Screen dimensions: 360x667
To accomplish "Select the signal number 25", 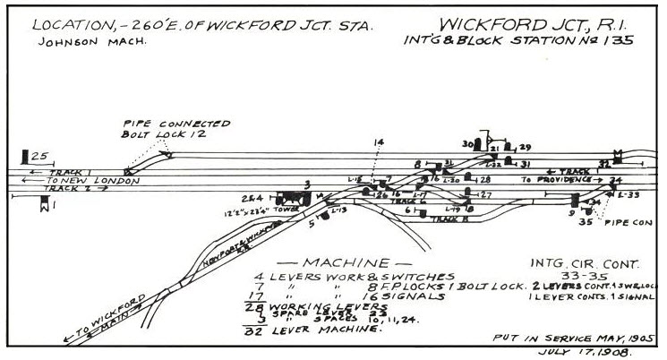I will [x=39, y=156].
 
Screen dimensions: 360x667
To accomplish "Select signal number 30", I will [x=466, y=143].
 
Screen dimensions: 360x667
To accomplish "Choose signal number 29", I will [x=525, y=147].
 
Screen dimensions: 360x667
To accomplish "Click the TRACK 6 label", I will [x=410, y=201].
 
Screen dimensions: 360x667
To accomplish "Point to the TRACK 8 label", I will [x=442, y=218].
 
